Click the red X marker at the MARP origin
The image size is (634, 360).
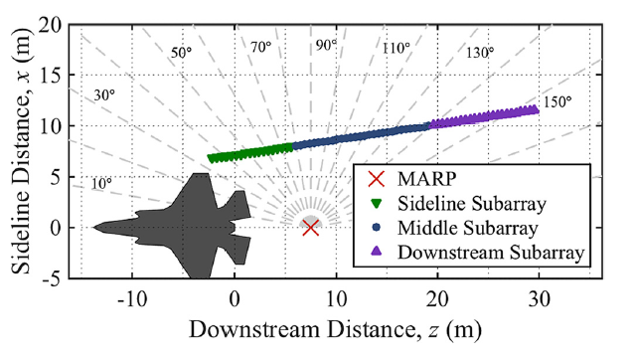[310, 228]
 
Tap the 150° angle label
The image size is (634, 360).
[555, 103]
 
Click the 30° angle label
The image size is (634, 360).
[104, 95]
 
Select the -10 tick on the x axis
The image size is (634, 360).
[131, 298]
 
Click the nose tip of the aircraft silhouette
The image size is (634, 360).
[94, 228]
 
